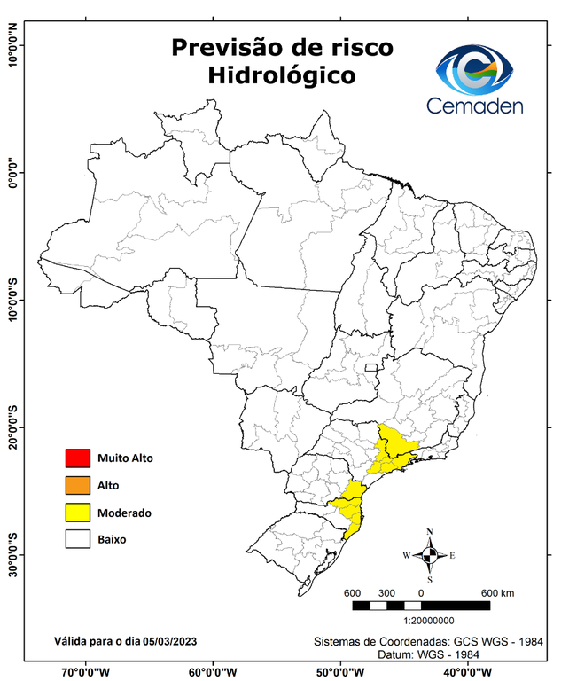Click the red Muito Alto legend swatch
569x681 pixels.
pos(77,458)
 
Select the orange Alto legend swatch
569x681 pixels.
pos(77,485)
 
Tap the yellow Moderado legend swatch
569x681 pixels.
pos(77,512)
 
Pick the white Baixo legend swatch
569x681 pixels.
pos(77,538)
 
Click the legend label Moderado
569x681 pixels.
pos(124,513)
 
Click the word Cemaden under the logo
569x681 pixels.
pos(475,106)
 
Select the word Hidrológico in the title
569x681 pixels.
pos(282,76)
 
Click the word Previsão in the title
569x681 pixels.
pos(230,47)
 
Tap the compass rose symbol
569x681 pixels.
pos(430,556)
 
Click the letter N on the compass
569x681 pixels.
pos(430,532)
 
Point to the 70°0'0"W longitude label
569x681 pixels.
pos(85,671)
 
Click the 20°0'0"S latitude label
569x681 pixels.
pos(12,427)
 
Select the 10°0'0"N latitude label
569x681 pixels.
pos(12,44)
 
